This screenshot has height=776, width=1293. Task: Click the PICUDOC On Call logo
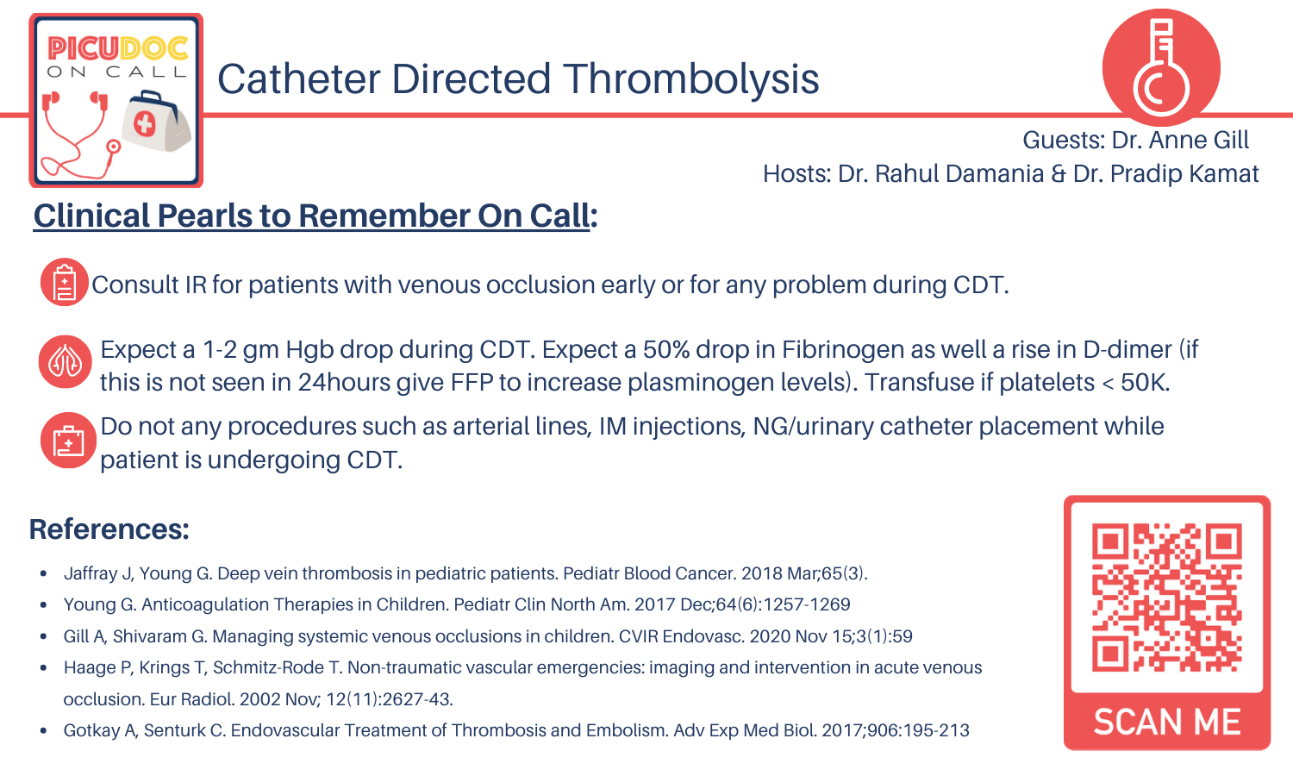pos(116,99)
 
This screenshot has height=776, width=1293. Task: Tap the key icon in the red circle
pos(1160,67)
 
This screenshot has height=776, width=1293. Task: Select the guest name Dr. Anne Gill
pos(1180,141)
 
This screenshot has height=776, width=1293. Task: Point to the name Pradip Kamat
pos(1184,174)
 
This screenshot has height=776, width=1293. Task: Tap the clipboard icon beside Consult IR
pos(65,283)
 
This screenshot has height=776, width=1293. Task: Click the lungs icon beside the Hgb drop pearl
pos(65,362)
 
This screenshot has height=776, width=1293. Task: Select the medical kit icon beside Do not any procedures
pos(67,441)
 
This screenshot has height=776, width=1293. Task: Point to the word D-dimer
pos(1127,350)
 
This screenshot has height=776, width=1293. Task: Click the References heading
pos(109,529)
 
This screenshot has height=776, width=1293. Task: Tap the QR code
pos(1166,597)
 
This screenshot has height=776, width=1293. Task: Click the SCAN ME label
pos(1167,722)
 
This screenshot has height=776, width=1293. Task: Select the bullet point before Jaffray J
pos(43,574)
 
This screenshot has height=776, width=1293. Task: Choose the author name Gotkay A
pos(100,731)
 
